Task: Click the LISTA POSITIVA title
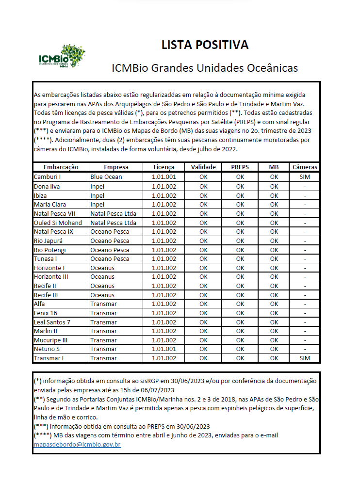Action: pyautogui.click(x=205, y=45)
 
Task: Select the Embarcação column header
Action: pyautogui.click(x=61, y=167)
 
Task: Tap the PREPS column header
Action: pyautogui.click(x=240, y=167)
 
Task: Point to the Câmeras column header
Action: pyautogui.click(x=305, y=167)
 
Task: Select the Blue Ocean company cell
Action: pyautogui.click(x=106, y=177)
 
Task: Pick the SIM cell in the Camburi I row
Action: pyautogui.click(x=305, y=177)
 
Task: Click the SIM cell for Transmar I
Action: pyautogui.click(x=305, y=358)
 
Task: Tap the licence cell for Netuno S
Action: pyautogui.click(x=164, y=349)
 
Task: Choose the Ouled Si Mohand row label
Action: pyautogui.click(x=58, y=222)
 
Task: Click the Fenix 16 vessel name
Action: pyautogui.click(x=46, y=313)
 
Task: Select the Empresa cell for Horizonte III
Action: pyautogui.click(x=102, y=276)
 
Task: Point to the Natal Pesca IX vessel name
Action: pyautogui.click(x=53, y=231)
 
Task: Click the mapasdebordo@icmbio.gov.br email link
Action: pyautogui.click(x=77, y=444)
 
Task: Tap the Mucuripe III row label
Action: pyautogui.click(x=50, y=340)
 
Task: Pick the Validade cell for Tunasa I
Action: pyautogui.click(x=203, y=258)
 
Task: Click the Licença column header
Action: pyautogui.click(x=164, y=167)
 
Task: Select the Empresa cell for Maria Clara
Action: pyautogui.click(x=98, y=204)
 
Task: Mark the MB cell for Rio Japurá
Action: pyautogui.click(x=274, y=241)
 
